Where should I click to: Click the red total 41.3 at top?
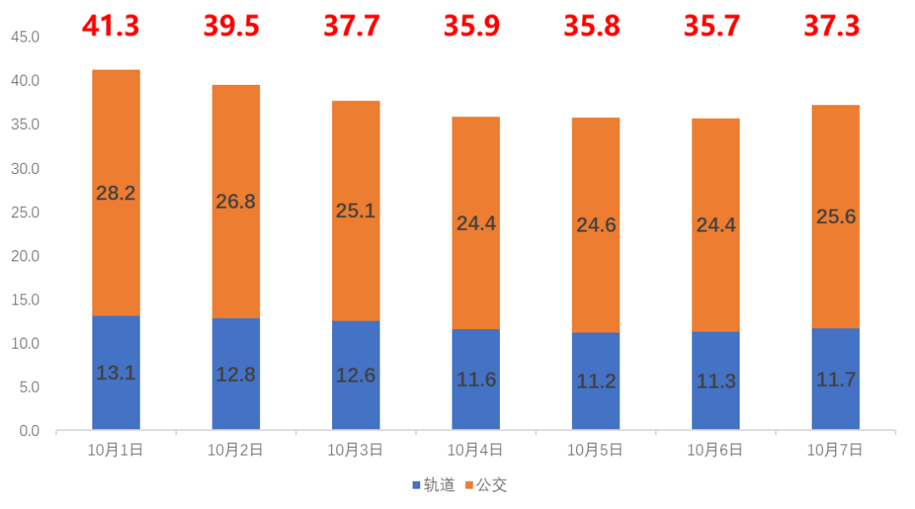coord(111,25)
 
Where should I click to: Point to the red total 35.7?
coord(712,25)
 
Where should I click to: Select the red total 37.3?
coord(832,25)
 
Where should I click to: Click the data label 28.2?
coord(116,193)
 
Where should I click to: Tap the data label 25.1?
coord(356,210)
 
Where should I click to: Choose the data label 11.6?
coord(476,380)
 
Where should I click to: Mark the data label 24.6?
coord(596,225)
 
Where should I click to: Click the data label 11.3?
coord(716,381)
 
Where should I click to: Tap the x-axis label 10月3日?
coord(356,450)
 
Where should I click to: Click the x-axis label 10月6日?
coord(716,450)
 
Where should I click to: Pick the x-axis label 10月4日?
coord(476,450)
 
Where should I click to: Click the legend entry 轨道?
coord(435,485)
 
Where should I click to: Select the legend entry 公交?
coord(486,485)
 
